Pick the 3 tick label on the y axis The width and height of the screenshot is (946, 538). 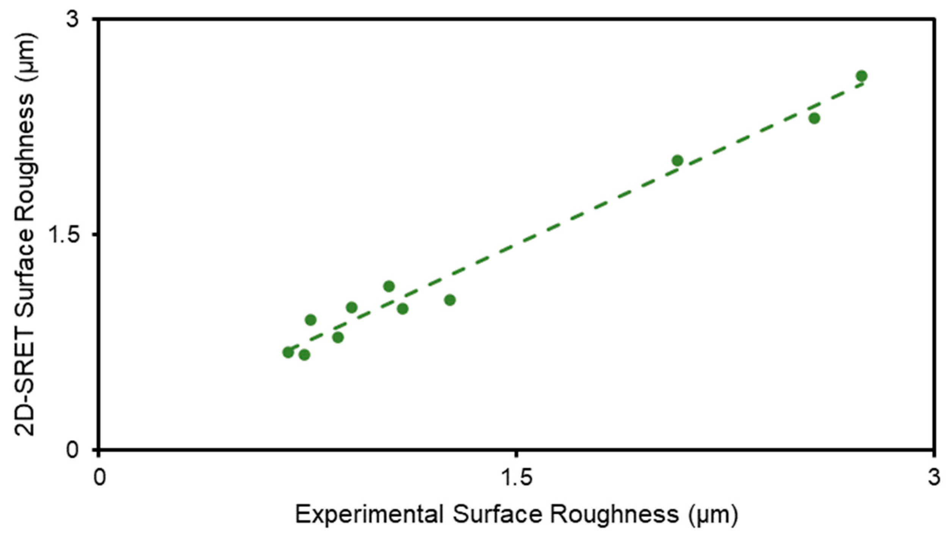click(x=74, y=18)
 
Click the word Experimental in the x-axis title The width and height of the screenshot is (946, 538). click(x=370, y=515)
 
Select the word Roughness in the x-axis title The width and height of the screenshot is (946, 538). click(x=614, y=515)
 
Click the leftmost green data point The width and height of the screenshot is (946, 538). click(x=288, y=353)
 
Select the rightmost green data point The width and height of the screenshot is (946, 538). click(x=861, y=76)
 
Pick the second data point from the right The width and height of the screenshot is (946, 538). click(x=814, y=118)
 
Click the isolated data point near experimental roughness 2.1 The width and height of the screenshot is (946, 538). click(x=677, y=161)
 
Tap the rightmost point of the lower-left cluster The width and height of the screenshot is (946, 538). click(x=450, y=300)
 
